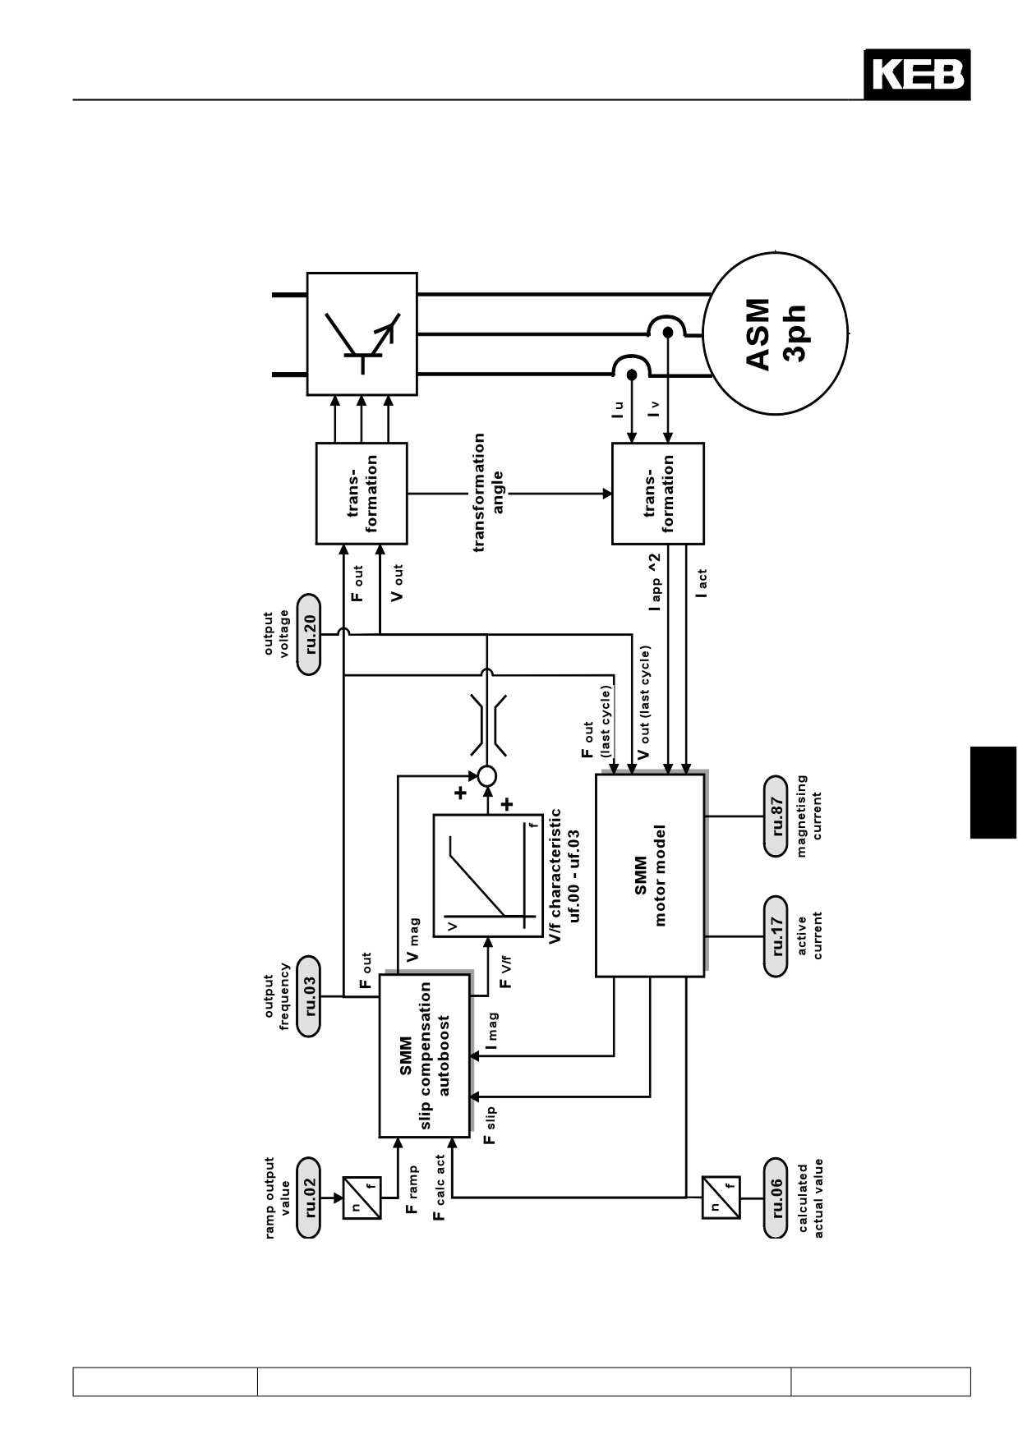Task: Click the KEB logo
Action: point(917,75)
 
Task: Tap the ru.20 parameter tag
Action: point(309,633)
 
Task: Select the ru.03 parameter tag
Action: point(309,996)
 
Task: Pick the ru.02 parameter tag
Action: point(309,1198)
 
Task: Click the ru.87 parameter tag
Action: point(776,816)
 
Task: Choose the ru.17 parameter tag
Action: point(776,936)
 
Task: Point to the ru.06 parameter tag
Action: point(776,1198)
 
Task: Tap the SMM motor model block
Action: point(651,875)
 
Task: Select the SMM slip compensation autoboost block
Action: point(425,1055)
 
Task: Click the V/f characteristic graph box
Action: point(488,875)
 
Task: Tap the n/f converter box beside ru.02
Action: point(362,1198)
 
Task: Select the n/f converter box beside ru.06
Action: point(721,1198)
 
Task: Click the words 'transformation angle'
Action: point(488,493)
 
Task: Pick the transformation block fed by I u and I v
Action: point(658,494)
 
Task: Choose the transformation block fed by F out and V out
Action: point(362,494)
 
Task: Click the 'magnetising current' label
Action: point(809,816)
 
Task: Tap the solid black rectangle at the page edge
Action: point(993,792)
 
